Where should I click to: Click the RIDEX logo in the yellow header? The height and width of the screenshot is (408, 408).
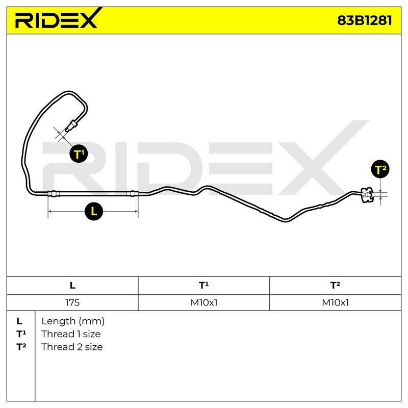click(x=57, y=19)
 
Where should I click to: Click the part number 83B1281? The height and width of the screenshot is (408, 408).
click(x=364, y=20)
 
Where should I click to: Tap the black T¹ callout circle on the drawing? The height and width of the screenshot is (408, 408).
click(x=79, y=154)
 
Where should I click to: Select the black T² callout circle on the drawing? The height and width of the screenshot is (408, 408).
click(x=380, y=169)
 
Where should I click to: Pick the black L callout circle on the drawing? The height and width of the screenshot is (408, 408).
click(x=94, y=211)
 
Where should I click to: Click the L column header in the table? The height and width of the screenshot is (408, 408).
click(x=72, y=286)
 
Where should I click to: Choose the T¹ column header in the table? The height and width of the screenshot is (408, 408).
click(x=203, y=286)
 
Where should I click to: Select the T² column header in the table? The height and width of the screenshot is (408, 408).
click(x=335, y=286)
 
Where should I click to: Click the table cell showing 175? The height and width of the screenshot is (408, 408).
click(x=72, y=302)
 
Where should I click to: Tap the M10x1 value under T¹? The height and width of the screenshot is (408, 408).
click(x=203, y=302)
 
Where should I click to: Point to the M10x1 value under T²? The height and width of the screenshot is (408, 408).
click(x=335, y=302)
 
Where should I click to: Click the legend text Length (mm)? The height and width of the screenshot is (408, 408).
click(x=73, y=321)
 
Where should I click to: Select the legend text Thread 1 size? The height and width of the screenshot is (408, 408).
click(x=71, y=334)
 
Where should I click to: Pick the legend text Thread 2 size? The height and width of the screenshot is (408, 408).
click(x=72, y=347)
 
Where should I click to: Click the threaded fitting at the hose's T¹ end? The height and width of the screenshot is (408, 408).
click(x=71, y=125)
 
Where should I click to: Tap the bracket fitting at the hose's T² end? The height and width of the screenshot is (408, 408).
click(x=367, y=195)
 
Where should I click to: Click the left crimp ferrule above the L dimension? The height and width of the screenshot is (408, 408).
click(x=54, y=194)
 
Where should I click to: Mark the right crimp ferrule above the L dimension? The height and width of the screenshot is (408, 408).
click(x=133, y=194)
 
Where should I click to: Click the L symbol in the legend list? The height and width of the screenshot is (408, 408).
click(x=19, y=321)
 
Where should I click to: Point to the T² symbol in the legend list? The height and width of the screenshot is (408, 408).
click(x=21, y=347)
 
